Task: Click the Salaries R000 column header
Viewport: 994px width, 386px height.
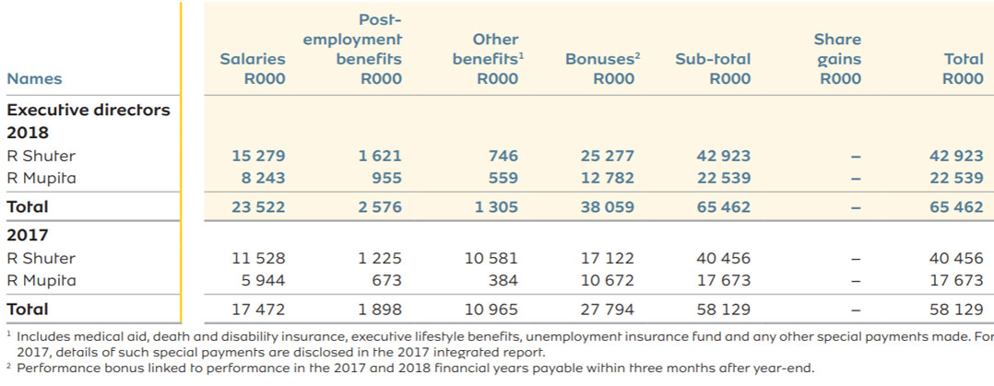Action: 252,69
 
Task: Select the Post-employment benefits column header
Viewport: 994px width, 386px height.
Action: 352,49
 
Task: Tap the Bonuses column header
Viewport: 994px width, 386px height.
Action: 602,69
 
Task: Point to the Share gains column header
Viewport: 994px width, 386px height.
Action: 837,59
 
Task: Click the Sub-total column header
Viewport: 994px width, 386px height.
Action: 713,69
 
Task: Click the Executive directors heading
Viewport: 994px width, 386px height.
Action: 89,110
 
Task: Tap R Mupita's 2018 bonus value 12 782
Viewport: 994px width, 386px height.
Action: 607,178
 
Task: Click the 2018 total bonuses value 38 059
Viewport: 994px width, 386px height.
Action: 607,207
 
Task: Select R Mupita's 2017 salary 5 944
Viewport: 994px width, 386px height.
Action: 263,280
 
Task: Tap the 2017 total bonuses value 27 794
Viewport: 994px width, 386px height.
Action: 607,310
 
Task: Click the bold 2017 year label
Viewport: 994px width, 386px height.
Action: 27,235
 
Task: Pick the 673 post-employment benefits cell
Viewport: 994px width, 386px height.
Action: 385,280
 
